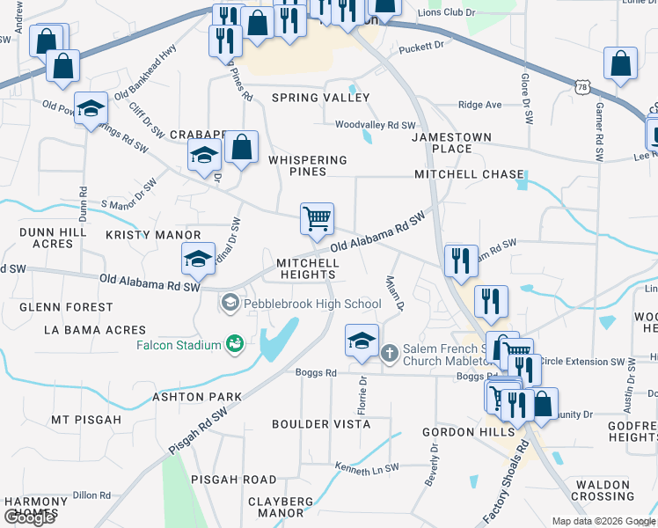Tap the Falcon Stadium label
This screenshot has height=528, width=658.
tap(179, 345)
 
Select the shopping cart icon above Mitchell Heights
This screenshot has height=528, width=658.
tap(317, 218)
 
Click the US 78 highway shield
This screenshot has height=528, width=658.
tap(582, 86)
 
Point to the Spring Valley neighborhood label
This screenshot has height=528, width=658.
tap(320, 98)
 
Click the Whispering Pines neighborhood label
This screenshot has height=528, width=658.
tap(307, 166)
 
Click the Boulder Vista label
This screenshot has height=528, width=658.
tap(321, 424)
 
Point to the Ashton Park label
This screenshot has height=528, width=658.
tap(197, 397)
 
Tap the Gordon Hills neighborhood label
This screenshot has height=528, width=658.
tap(468, 433)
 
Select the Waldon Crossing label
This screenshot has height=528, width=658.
tap(605, 491)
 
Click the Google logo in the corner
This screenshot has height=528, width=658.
tap(29, 517)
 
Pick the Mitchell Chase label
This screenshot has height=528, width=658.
tap(469, 174)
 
